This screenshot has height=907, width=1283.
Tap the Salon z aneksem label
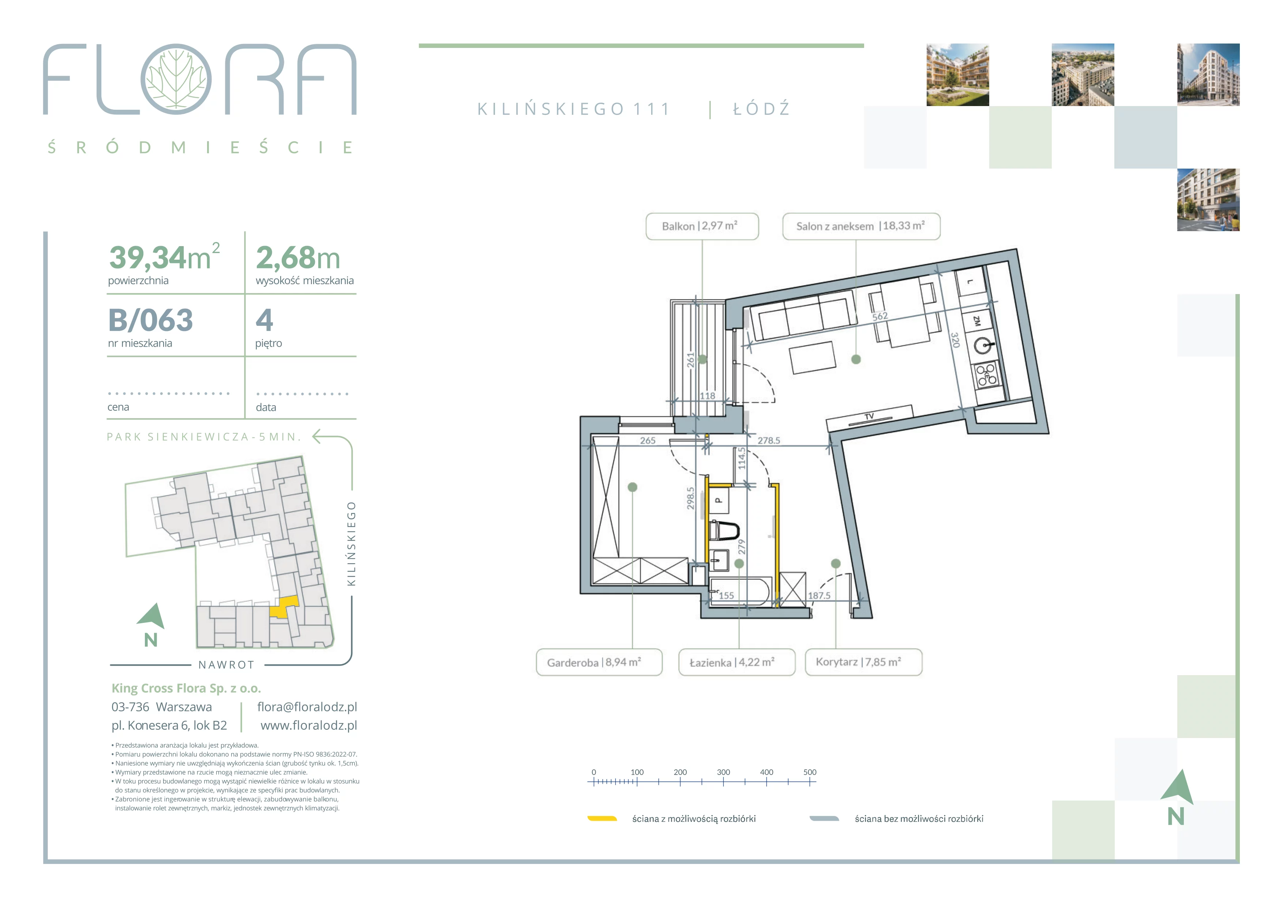pyautogui.click(x=861, y=226)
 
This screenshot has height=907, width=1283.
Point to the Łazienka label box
pyautogui.click(x=736, y=662)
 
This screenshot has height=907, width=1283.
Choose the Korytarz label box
pyautogui.click(x=863, y=662)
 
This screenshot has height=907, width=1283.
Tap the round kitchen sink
pyautogui.click(x=983, y=346)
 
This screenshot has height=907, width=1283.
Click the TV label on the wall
pyautogui.click(x=869, y=417)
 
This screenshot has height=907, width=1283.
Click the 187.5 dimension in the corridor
pyautogui.click(x=819, y=595)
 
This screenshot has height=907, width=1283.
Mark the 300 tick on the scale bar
pyautogui.click(x=723, y=772)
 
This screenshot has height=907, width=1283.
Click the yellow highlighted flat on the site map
pyautogui.click(x=284, y=607)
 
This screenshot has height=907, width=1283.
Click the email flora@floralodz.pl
pyautogui.click(x=307, y=707)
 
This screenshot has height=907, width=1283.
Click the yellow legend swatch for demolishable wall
pyautogui.click(x=602, y=819)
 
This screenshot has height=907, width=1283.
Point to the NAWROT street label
pyautogui.click(x=227, y=665)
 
